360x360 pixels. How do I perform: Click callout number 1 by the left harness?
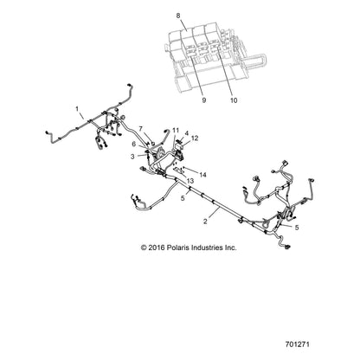[77, 109]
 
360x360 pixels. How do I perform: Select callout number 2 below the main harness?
[205, 222]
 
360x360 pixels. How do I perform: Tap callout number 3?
[132, 157]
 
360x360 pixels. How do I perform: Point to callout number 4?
[187, 133]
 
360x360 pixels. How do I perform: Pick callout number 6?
[133, 144]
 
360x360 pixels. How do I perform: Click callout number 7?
[141, 129]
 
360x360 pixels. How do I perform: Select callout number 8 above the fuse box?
[178, 16]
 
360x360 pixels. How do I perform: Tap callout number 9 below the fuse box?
[204, 100]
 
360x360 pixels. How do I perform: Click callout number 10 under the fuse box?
[234, 100]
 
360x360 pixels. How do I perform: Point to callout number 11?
[176, 131]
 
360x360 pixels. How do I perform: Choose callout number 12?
[195, 138]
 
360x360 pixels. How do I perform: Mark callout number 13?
[190, 181]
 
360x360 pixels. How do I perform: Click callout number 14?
[202, 175]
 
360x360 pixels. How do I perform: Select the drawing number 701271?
[297, 344]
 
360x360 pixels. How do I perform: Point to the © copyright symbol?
[144, 247]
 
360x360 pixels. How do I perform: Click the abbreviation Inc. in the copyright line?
[230, 247]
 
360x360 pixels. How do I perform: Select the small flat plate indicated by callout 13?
[180, 170]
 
